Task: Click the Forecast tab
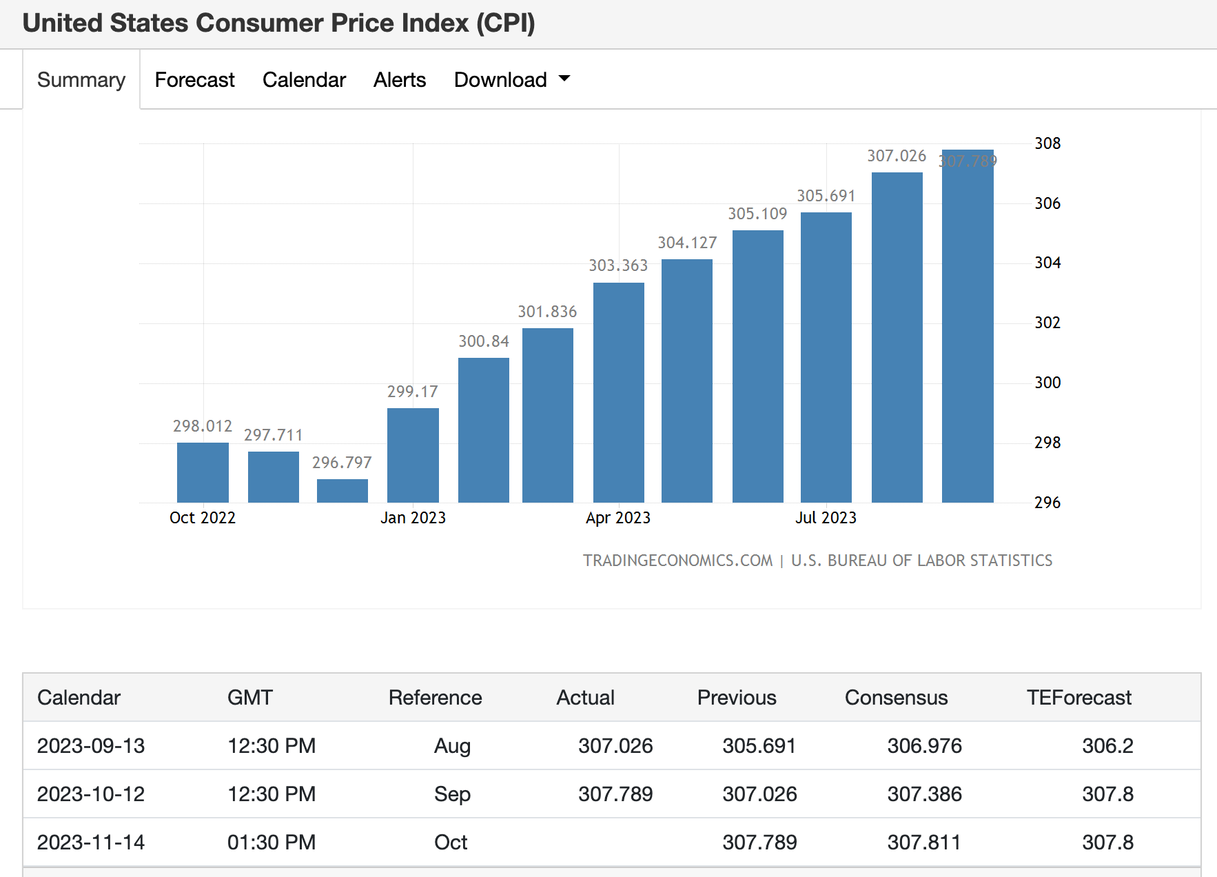pyautogui.click(x=194, y=80)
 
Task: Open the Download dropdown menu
pyautogui.click(x=511, y=80)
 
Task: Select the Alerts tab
pyautogui.click(x=400, y=80)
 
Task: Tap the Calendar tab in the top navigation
pyautogui.click(x=304, y=80)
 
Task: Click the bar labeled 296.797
pyautogui.click(x=342, y=491)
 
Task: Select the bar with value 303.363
pyautogui.click(x=618, y=393)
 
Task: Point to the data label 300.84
pyautogui.click(x=484, y=341)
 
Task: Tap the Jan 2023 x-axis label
pyautogui.click(x=413, y=518)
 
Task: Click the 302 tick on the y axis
pyautogui.click(x=1047, y=323)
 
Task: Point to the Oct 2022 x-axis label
pyautogui.click(x=203, y=518)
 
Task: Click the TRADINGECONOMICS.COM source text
pyautogui.click(x=677, y=561)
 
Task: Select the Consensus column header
pyautogui.click(x=896, y=698)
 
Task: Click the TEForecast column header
pyautogui.click(x=1078, y=698)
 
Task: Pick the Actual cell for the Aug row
pyautogui.click(x=615, y=746)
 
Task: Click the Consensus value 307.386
pyautogui.click(x=924, y=794)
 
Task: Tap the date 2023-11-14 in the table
pyautogui.click(x=91, y=843)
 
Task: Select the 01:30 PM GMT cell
pyautogui.click(x=272, y=843)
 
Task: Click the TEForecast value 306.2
pyautogui.click(x=1107, y=746)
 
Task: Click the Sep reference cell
pyautogui.click(x=452, y=794)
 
